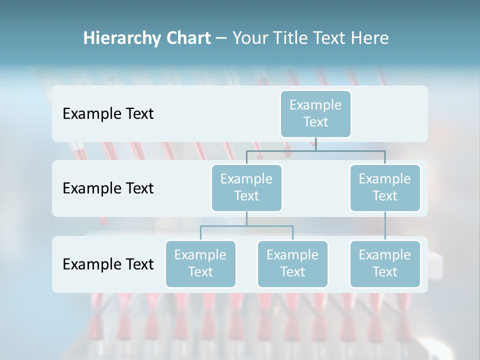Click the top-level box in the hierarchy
(x=315, y=113)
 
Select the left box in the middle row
(x=246, y=187)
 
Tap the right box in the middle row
(x=385, y=187)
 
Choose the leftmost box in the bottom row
(x=200, y=263)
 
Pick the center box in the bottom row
(x=292, y=263)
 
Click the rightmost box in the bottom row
(x=385, y=263)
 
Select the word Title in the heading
(x=290, y=38)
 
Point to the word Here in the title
(x=370, y=38)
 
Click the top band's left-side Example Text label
(x=108, y=114)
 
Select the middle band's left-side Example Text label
(x=108, y=188)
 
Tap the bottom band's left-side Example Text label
(x=108, y=264)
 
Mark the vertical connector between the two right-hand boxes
(x=385, y=226)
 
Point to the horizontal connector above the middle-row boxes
(x=315, y=150)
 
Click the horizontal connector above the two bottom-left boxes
(x=246, y=226)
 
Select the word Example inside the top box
(x=315, y=105)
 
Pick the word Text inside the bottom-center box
(x=292, y=272)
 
